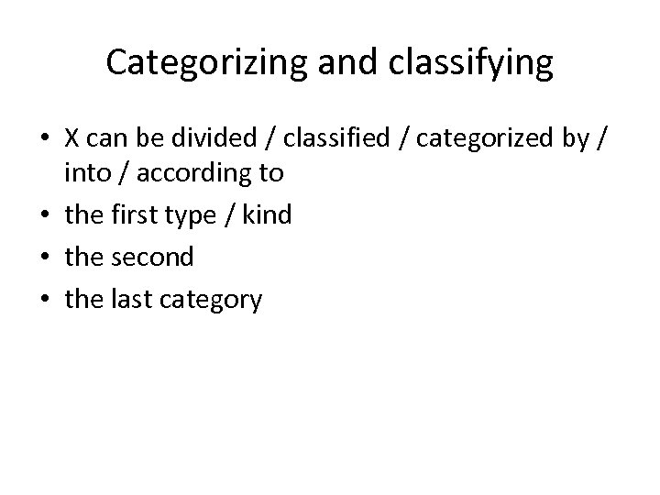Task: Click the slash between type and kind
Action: pyautogui.click(x=233, y=215)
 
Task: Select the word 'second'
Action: pyautogui.click(x=154, y=257)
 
